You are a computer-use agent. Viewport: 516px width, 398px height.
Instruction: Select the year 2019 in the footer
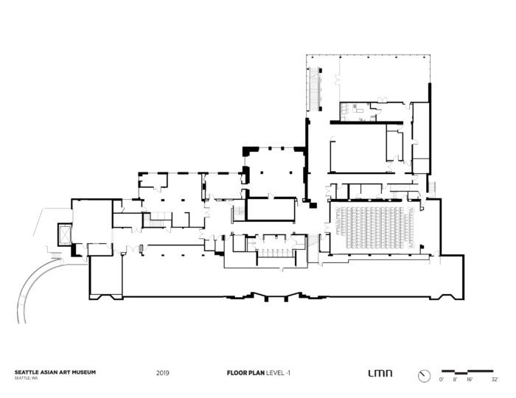click(163, 373)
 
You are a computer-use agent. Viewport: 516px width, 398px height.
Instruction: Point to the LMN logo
click(380, 373)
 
